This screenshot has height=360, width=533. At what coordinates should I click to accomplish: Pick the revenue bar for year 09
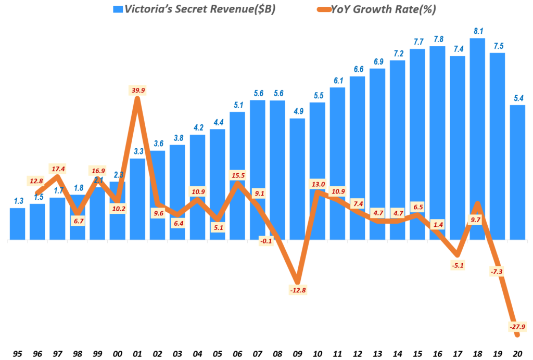coord(297,177)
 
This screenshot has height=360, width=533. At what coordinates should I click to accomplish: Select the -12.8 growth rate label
coord(297,290)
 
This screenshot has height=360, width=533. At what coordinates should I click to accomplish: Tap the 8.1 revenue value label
coord(477,31)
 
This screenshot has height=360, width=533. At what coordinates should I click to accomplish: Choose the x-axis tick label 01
coord(137,353)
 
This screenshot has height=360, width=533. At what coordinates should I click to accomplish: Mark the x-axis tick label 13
coord(377,353)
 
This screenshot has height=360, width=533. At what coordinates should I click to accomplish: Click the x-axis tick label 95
coord(18,353)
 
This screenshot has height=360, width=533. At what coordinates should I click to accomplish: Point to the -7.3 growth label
coord(497,271)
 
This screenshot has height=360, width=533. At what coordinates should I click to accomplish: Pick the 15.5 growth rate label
coord(237,175)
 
